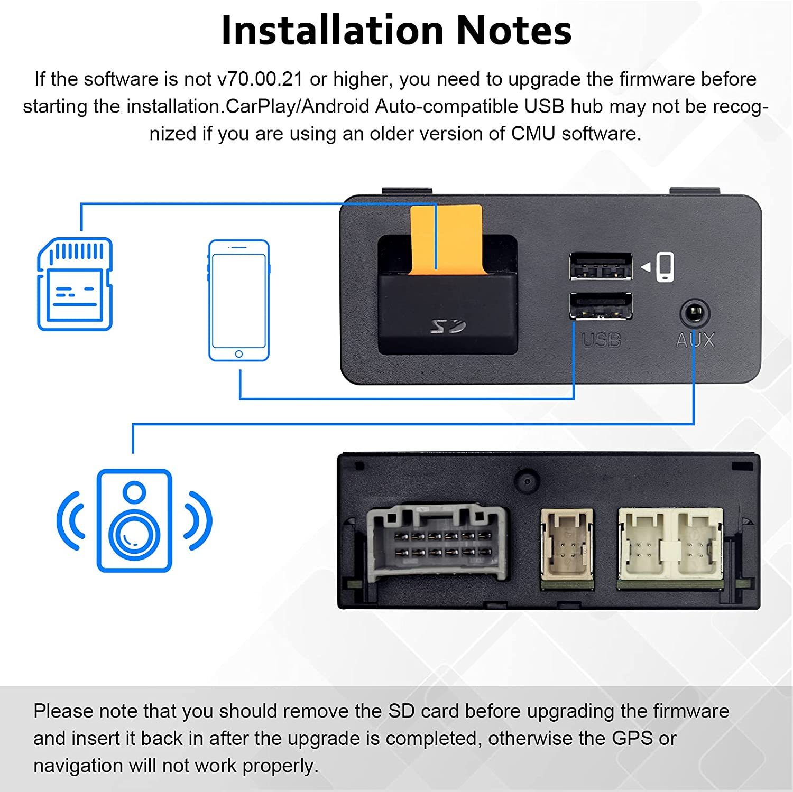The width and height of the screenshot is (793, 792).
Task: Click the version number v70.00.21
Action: coord(260,79)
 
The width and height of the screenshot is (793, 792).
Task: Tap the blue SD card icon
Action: coord(75,284)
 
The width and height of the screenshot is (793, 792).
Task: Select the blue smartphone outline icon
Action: coord(239,300)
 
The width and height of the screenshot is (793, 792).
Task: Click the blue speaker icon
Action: coord(134,520)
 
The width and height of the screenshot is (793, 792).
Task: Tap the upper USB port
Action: coord(601,267)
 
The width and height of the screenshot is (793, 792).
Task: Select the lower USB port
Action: coord(601,306)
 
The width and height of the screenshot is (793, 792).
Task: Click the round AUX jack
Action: coord(694,313)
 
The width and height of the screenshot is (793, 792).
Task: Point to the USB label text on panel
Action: coord(601,341)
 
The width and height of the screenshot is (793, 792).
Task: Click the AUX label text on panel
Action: coord(695,341)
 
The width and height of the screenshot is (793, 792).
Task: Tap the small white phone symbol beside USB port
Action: coord(665,267)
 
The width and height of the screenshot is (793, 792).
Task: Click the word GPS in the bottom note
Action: coord(632,738)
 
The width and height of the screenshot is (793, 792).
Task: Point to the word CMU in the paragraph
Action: coord(533,134)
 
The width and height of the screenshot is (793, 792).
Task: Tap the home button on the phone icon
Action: coord(239,354)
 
